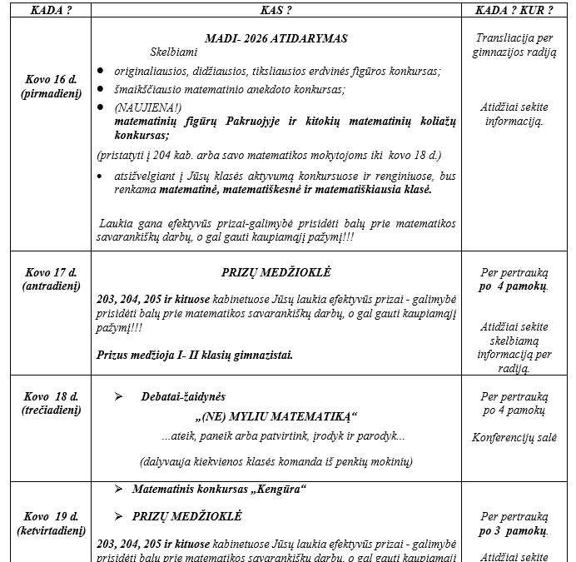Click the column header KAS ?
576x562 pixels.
pos(276,9)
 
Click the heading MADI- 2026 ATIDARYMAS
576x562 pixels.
pos(276,38)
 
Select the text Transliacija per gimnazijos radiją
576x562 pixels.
pos(514,45)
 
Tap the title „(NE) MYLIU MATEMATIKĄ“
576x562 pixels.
pos(276,416)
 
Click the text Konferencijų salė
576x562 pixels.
pos(514,437)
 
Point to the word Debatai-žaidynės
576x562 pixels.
pos(183,397)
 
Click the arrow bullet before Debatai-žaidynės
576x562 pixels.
pos(118,397)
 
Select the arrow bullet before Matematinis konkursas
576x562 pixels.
pos(118,489)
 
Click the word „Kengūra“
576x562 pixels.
pos(279,489)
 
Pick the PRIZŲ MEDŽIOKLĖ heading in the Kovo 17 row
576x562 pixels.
pos(276,272)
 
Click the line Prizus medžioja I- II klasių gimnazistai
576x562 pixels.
pos(195,355)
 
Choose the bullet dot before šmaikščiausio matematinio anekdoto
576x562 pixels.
pos(101,89)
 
